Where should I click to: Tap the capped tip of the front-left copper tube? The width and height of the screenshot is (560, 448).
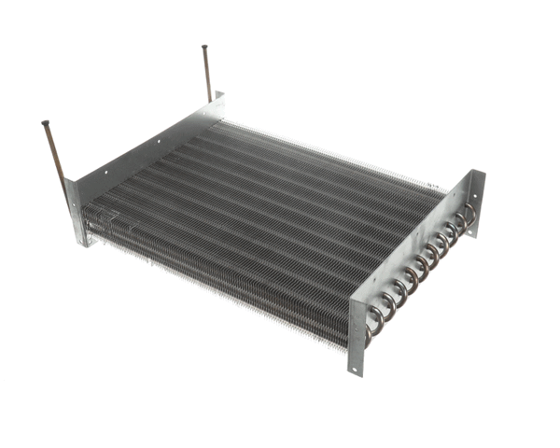(x=45, y=122)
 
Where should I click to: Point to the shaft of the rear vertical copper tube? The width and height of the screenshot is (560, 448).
(x=208, y=75)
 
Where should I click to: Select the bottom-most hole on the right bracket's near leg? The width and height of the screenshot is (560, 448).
(x=357, y=355)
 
